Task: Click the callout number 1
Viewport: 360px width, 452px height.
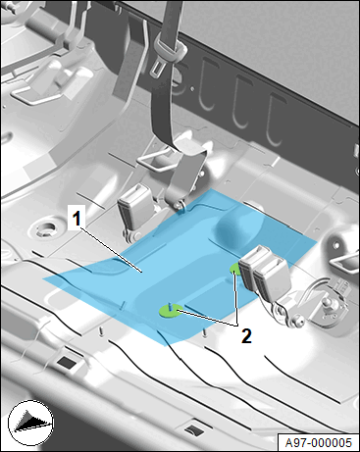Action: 76,219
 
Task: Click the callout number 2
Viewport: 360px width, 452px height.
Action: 246,335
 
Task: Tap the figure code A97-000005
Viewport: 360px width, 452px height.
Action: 318,443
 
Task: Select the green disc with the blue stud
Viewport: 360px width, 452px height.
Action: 170,310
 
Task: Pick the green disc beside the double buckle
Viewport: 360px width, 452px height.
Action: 235,269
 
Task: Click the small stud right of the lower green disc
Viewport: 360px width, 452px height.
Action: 204,332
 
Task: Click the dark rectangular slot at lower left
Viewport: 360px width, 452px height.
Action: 68,362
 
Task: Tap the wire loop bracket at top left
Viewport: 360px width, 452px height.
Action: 32,95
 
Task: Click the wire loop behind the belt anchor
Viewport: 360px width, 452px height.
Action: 155,161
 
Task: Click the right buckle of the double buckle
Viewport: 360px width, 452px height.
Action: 272,279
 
